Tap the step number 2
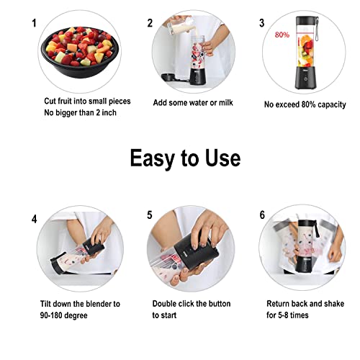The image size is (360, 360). pos(150,23)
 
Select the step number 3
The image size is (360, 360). pos(261,23)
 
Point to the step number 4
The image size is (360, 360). pos(33,217)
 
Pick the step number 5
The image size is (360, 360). pos(150,215)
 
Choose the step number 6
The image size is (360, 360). pos(261,215)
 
